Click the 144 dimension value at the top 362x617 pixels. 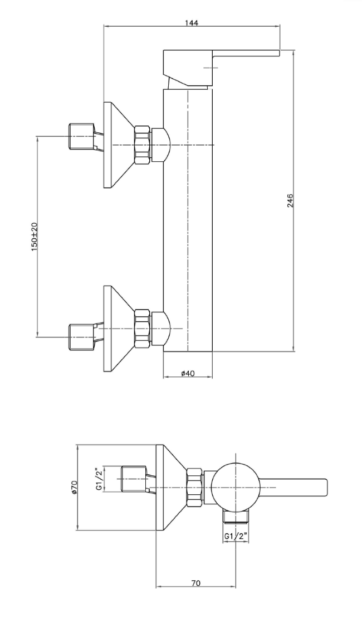click(192, 23)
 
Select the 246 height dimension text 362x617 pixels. click(290, 201)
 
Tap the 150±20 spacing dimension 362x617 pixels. click(34, 236)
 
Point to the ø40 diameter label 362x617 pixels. click(188, 373)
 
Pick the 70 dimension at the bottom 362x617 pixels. click(195, 583)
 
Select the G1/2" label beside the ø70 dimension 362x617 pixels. click(100, 480)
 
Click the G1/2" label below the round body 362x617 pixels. click(236, 536)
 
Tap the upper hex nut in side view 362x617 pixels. click(143, 144)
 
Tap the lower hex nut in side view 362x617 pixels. click(143, 327)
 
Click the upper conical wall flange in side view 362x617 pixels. click(117, 144)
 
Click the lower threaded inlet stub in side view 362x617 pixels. click(81, 337)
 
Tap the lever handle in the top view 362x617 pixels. click(295, 487)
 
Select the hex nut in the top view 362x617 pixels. click(194, 487)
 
